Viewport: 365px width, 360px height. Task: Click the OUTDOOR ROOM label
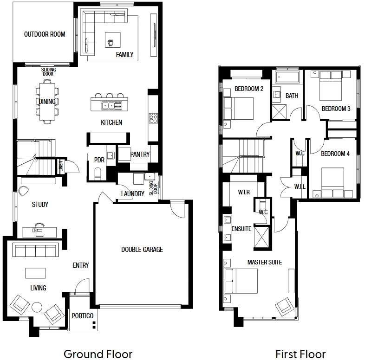(x=45, y=34)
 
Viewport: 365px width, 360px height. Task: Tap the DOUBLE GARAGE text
(x=142, y=250)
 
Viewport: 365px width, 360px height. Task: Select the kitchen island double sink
(x=108, y=106)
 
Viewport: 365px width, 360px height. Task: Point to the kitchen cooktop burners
(x=153, y=118)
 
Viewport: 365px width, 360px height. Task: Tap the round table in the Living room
(x=37, y=307)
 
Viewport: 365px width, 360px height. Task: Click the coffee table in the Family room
(x=113, y=40)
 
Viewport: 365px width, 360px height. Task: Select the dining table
(x=47, y=102)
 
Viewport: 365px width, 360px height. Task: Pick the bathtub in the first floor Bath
(x=287, y=77)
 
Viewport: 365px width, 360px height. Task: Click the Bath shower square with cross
(x=280, y=112)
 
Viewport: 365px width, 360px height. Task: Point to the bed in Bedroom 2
(x=238, y=109)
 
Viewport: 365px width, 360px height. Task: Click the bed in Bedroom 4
(x=332, y=179)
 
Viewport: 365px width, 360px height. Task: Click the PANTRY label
(x=140, y=154)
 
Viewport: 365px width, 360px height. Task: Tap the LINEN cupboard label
(x=61, y=165)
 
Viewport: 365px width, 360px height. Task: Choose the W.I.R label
(x=244, y=192)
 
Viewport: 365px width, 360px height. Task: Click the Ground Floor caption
(x=98, y=354)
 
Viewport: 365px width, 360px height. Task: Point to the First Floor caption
(x=300, y=354)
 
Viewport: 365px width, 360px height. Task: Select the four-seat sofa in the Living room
(x=35, y=250)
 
